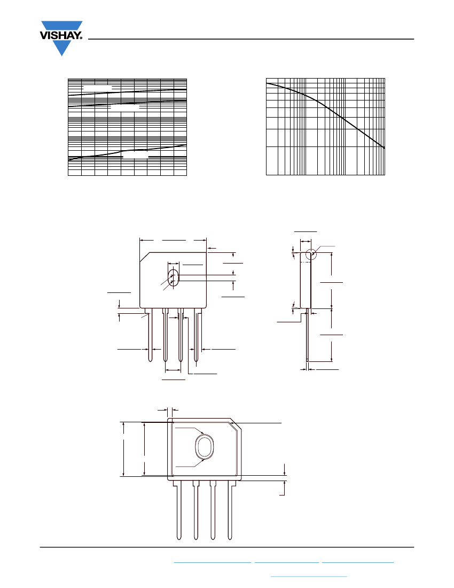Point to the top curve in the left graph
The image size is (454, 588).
point(127,92)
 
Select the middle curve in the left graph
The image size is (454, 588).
point(127,104)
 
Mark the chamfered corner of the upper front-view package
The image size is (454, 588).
point(145,257)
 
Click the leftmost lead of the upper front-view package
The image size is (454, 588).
point(150,336)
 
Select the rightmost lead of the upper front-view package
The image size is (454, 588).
point(196,336)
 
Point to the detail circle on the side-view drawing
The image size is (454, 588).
point(310,249)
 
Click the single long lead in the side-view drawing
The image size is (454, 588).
point(308,336)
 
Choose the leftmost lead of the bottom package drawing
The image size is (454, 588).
point(179,510)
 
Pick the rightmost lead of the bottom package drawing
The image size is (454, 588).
point(230,510)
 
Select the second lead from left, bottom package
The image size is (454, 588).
point(195,510)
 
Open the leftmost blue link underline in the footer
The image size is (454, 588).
point(213,562)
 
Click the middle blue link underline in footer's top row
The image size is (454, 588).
point(287,562)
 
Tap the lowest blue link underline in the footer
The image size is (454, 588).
point(309,576)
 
